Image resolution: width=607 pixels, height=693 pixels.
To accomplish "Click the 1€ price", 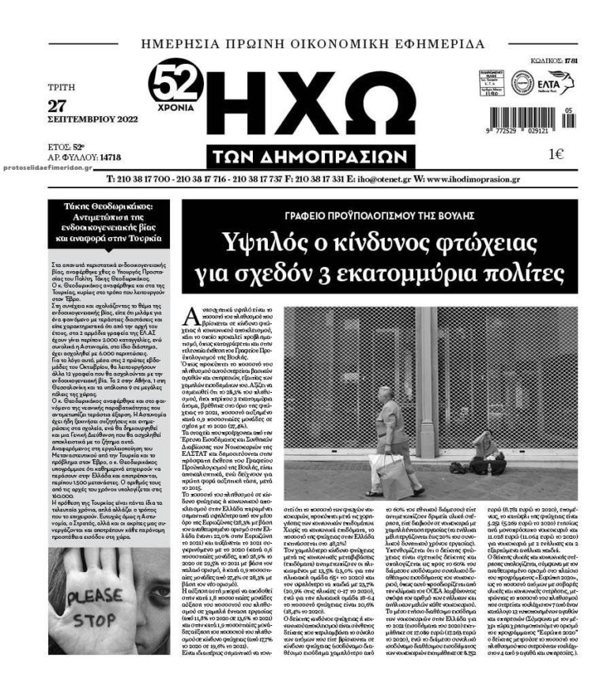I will (556, 154).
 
